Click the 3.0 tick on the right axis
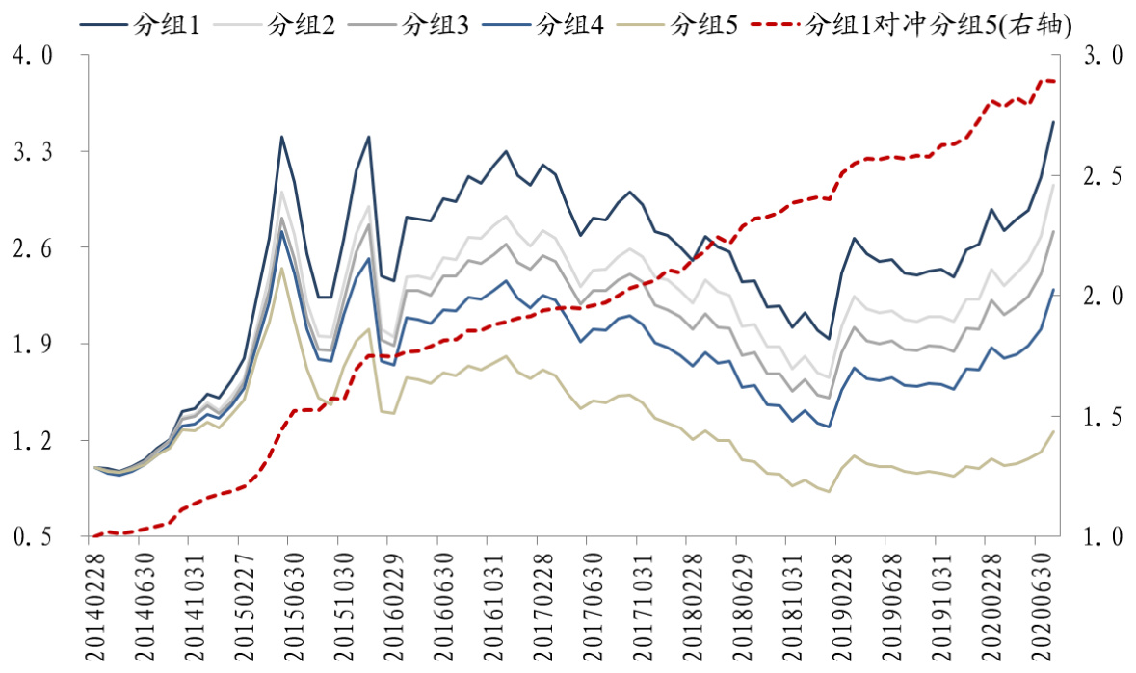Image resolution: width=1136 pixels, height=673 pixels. pyautogui.click(x=1102, y=56)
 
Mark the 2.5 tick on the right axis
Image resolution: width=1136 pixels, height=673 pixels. pyautogui.click(x=1102, y=177)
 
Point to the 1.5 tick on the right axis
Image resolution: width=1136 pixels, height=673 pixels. pyautogui.click(x=1102, y=417)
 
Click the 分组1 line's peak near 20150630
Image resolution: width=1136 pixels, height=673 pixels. pyautogui.click(x=281, y=137)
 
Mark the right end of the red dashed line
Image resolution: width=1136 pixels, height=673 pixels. pyautogui.click(x=1054, y=81)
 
